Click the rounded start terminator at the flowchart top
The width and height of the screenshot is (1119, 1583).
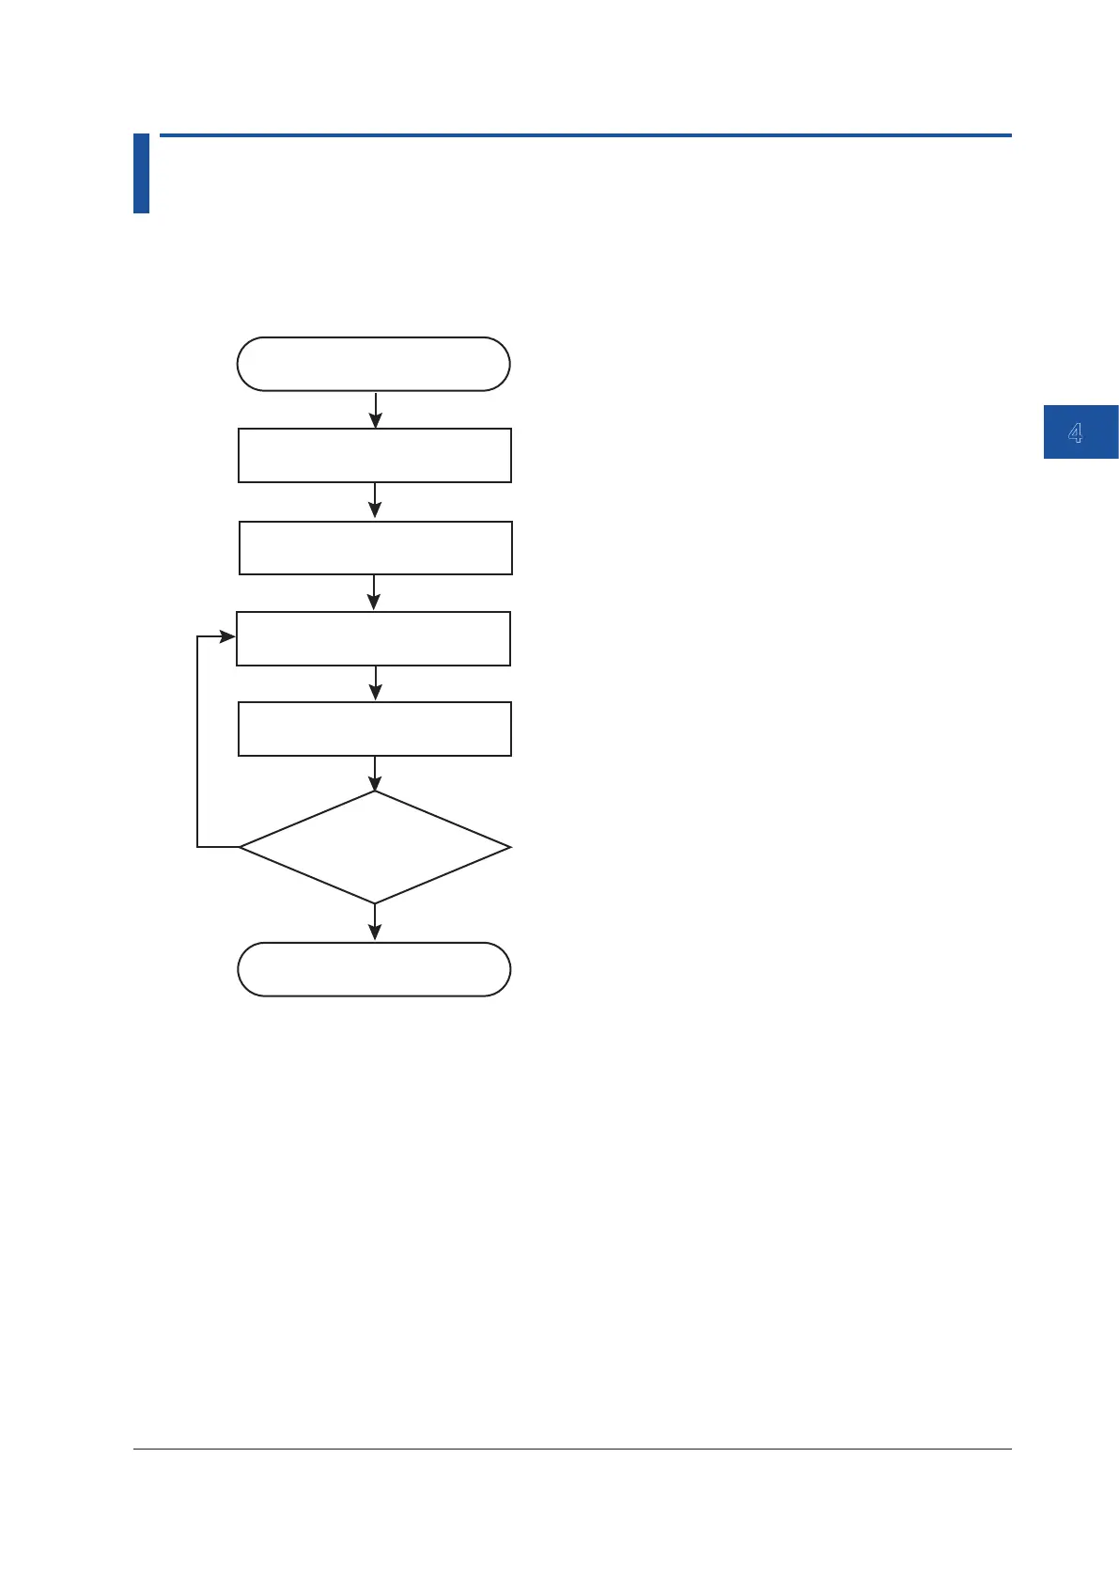coord(373,364)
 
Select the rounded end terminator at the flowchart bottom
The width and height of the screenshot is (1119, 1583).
coord(373,969)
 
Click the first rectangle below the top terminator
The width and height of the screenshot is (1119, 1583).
coord(374,455)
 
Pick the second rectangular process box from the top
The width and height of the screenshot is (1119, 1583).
coord(375,547)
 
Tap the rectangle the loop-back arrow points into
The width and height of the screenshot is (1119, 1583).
coord(373,638)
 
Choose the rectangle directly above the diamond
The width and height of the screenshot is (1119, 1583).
coord(374,729)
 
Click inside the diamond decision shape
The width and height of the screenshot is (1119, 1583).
coord(374,847)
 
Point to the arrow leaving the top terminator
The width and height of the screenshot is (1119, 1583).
coord(375,410)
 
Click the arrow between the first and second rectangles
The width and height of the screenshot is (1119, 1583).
coord(375,501)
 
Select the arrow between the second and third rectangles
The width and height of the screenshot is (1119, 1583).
coord(375,592)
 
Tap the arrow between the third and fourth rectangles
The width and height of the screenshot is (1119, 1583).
coord(375,683)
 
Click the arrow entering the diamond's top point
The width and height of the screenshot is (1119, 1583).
coord(375,773)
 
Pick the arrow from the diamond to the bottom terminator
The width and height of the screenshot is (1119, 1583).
coord(375,922)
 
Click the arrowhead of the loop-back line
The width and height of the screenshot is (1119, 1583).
coord(227,636)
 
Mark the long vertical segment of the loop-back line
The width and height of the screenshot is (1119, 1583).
coord(197,743)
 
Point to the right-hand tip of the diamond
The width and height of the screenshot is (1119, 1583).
coord(508,847)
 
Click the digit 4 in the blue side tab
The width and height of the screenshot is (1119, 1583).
coord(1076,432)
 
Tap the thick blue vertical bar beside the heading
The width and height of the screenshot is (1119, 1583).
coord(141,173)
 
